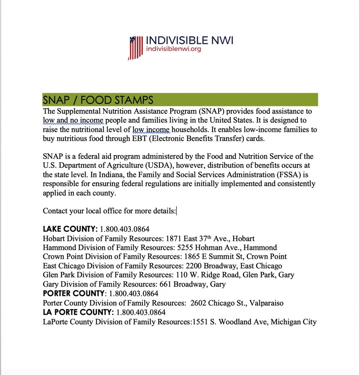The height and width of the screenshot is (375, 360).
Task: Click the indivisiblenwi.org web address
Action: coord(173,49)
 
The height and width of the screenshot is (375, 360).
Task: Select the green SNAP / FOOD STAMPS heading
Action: coord(98,100)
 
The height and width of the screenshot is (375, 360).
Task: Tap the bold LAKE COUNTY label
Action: coord(70,229)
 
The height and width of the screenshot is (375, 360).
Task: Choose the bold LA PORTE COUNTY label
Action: coord(78,312)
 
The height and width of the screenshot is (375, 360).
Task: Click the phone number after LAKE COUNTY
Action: coord(125,230)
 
